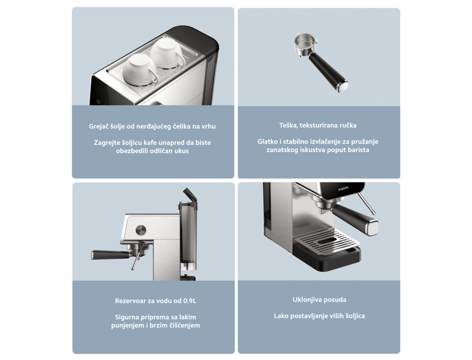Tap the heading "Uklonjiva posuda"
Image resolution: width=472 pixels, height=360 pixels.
(x=319, y=299)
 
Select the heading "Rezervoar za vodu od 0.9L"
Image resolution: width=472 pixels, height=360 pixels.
(x=155, y=301)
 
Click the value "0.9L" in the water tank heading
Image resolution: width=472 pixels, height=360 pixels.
(x=190, y=301)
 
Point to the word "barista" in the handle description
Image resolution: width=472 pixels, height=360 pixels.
(x=357, y=150)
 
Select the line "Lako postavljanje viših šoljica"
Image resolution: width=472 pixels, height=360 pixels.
(x=319, y=316)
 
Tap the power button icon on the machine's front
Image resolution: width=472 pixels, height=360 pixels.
(x=98, y=101)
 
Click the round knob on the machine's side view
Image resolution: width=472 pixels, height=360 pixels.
(x=140, y=230)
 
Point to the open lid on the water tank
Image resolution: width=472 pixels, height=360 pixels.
(x=189, y=194)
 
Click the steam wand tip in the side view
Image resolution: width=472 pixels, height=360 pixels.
(x=133, y=268)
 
